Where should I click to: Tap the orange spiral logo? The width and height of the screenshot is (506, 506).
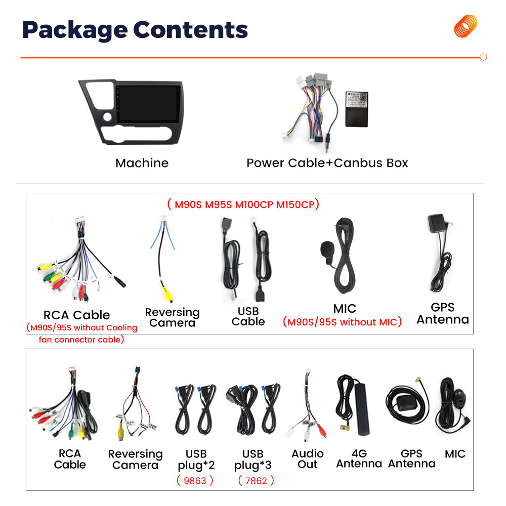tap(466, 26)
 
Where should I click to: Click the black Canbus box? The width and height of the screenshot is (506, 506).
tap(357, 109)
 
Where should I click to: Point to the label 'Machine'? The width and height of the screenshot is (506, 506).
tap(142, 163)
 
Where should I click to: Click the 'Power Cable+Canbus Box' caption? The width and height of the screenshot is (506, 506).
tap(327, 163)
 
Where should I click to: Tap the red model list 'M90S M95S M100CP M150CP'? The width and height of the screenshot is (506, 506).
tap(243, 204)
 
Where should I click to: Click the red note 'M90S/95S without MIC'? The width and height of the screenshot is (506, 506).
tap(342, 322)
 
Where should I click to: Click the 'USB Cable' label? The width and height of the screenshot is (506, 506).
tap(248, 316)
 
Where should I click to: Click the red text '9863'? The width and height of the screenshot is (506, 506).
tap(195, 480)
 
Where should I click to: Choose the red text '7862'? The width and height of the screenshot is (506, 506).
tap(256, 480)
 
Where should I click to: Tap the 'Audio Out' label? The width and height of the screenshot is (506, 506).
tap(307, 459)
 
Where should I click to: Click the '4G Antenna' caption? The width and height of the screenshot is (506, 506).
tap(359, 458)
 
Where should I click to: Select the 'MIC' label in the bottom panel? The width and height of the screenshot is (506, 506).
tap(455, 454)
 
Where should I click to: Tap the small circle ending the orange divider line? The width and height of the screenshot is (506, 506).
tap(483, 57)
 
